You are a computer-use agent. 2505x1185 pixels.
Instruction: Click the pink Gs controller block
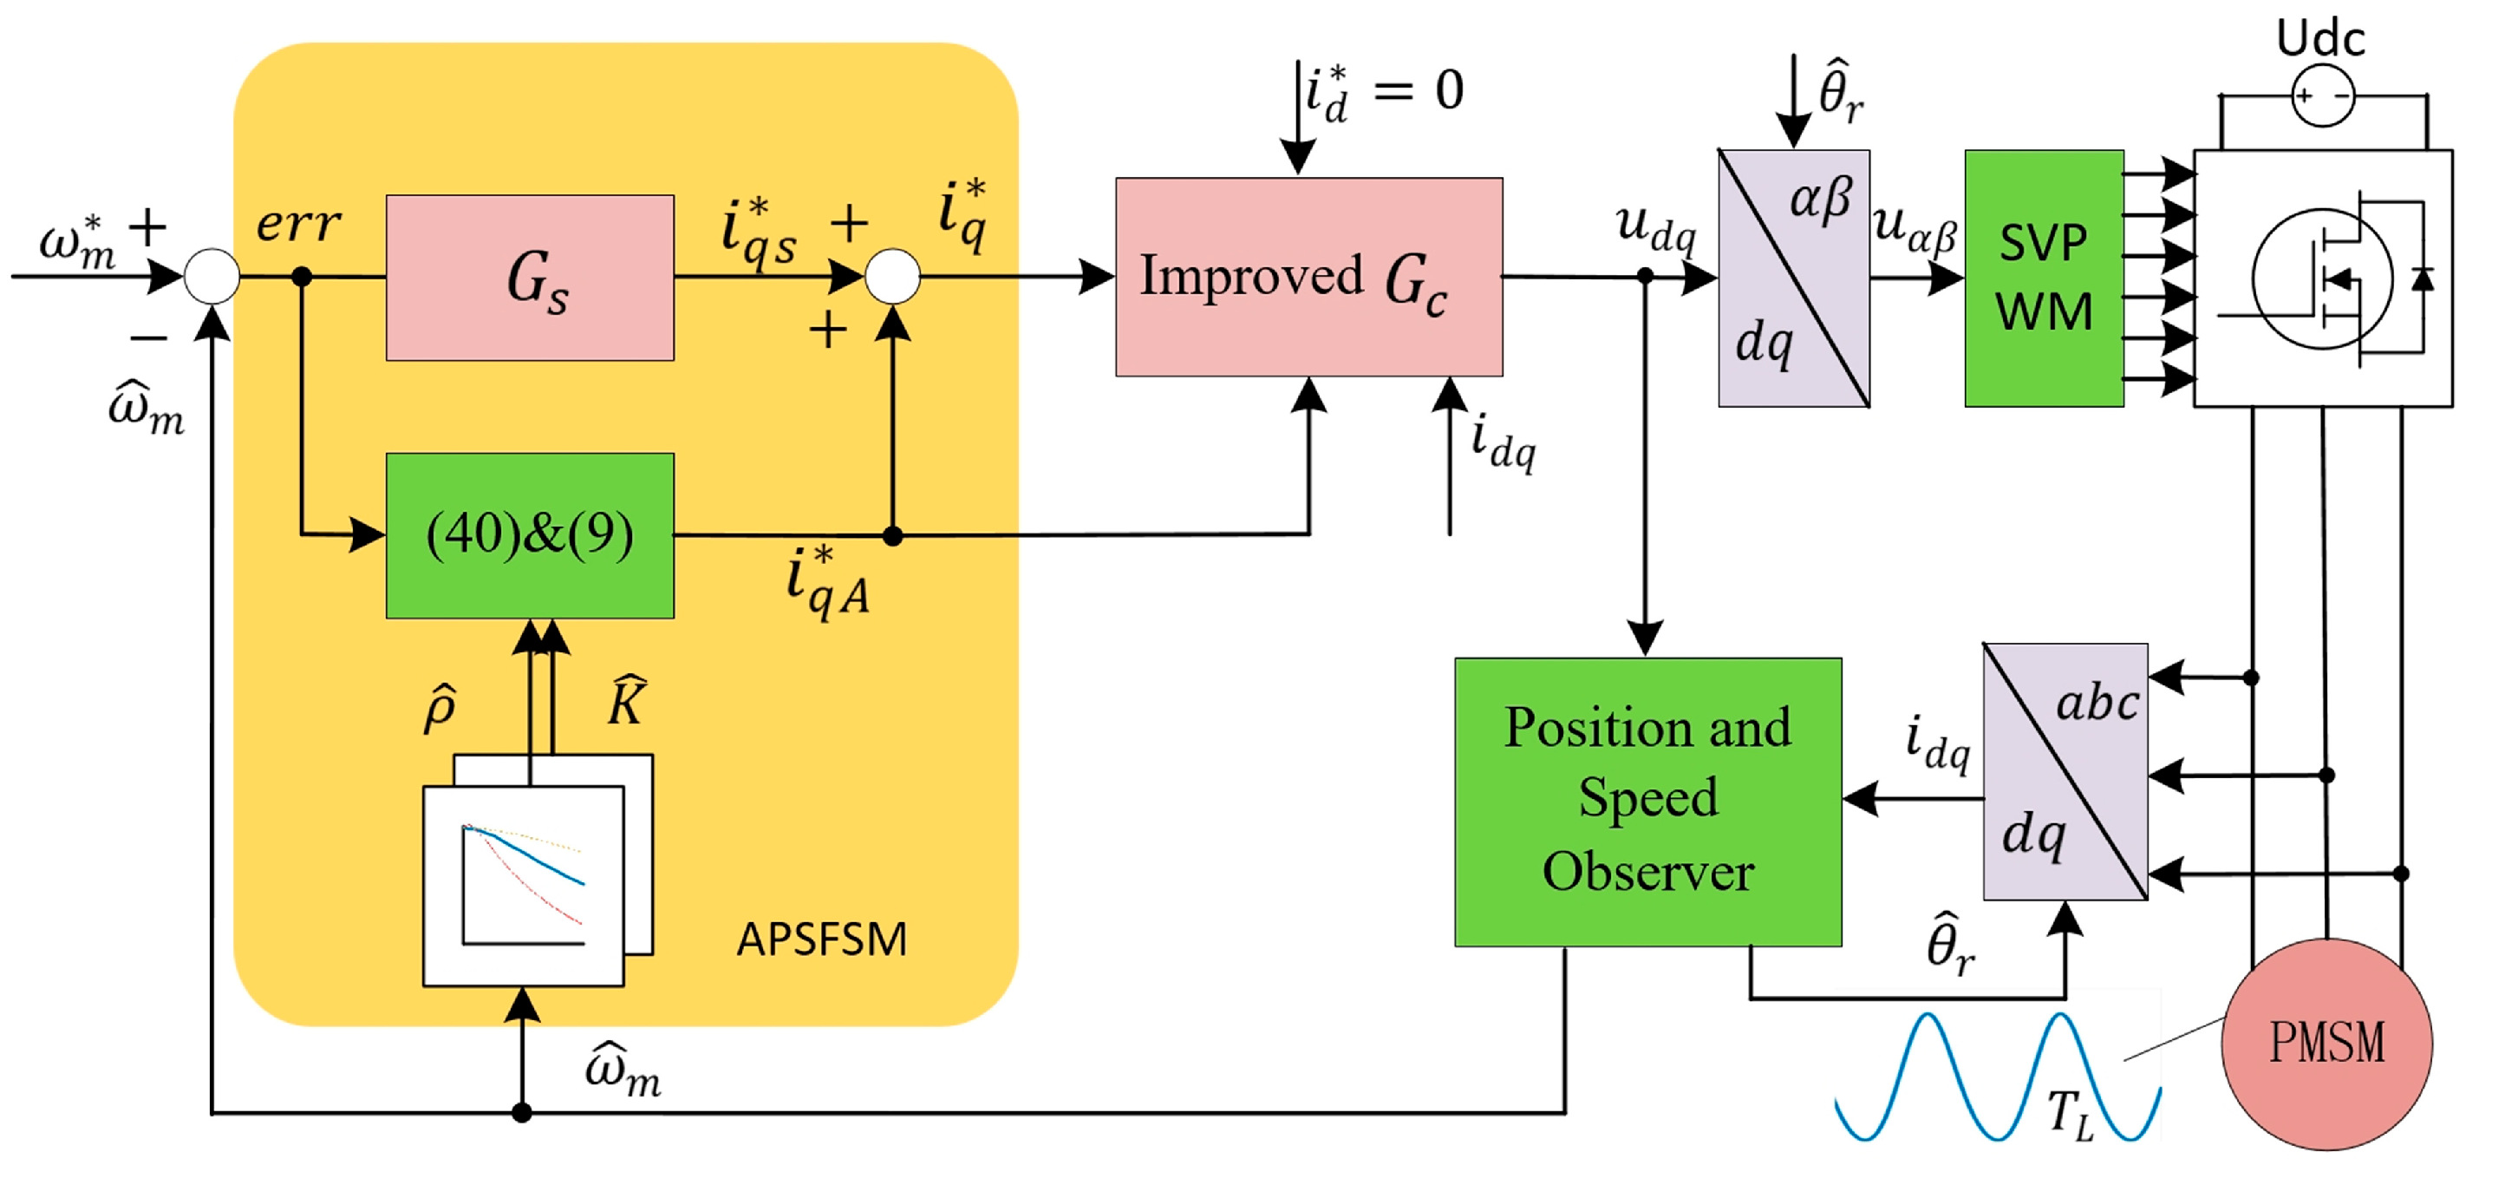click(x=530, y=278)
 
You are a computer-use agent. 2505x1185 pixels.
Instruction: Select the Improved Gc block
click(x=1309, y=277)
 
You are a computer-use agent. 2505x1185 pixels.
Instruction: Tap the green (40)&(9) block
click(x=530, y=535)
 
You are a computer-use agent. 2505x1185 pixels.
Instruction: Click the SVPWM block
click(x=2044, y=278)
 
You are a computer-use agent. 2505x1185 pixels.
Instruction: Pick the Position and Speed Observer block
click(x=1648, y=802)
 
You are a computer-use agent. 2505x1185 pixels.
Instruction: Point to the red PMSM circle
click(x=2327, y=1044)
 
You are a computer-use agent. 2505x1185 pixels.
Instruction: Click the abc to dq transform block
click(x=2065, y=771)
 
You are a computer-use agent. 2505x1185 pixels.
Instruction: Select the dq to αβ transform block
click(x=1794, y=278)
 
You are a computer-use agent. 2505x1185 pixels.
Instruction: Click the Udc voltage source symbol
click(x=2323, y=95)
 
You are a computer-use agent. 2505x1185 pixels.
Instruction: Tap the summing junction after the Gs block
click(x=893, y=277)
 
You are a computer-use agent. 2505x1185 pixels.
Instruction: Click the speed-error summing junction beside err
click(x=212, y=277)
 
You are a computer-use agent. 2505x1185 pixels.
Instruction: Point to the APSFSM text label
click(x=822, y=939)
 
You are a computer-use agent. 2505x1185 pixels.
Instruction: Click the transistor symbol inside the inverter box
click(x=2324, y=280)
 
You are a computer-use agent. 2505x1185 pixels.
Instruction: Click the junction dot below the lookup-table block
click(x=522, y=1112)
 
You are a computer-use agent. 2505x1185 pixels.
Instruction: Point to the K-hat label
click(x=626, y=699)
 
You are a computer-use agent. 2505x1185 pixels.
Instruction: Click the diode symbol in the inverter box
click(x=2423, y=279)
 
